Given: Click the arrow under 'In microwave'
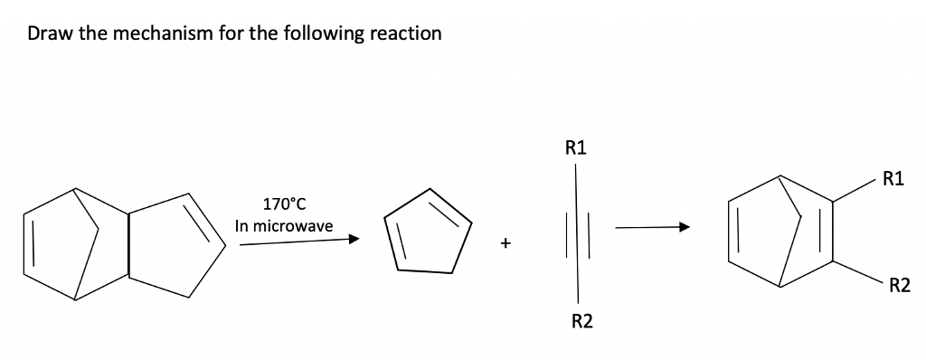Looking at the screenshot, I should pyautogui.click(x=299, y=241).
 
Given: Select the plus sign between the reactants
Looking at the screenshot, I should pyautogui.click(x=507, y=242).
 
